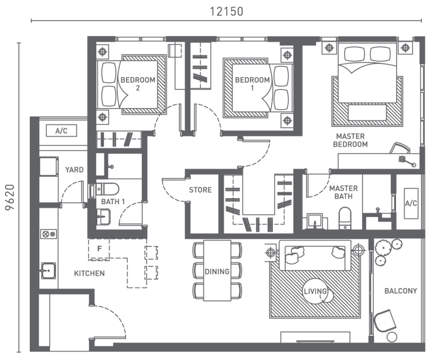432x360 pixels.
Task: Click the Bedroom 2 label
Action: (130, 84)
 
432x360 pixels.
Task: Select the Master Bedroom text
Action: (352, 140)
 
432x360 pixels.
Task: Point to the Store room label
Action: (200, 190)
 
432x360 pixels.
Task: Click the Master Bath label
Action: (340, 192)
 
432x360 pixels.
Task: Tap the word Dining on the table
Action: (217, 272)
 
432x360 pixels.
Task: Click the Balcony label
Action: (400, 291)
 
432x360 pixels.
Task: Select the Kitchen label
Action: (89, 273)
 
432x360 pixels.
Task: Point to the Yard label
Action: (74, 169)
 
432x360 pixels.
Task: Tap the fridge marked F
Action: (99, 249)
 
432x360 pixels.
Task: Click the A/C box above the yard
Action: (61, 131)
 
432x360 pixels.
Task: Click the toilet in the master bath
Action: (345, 217)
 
